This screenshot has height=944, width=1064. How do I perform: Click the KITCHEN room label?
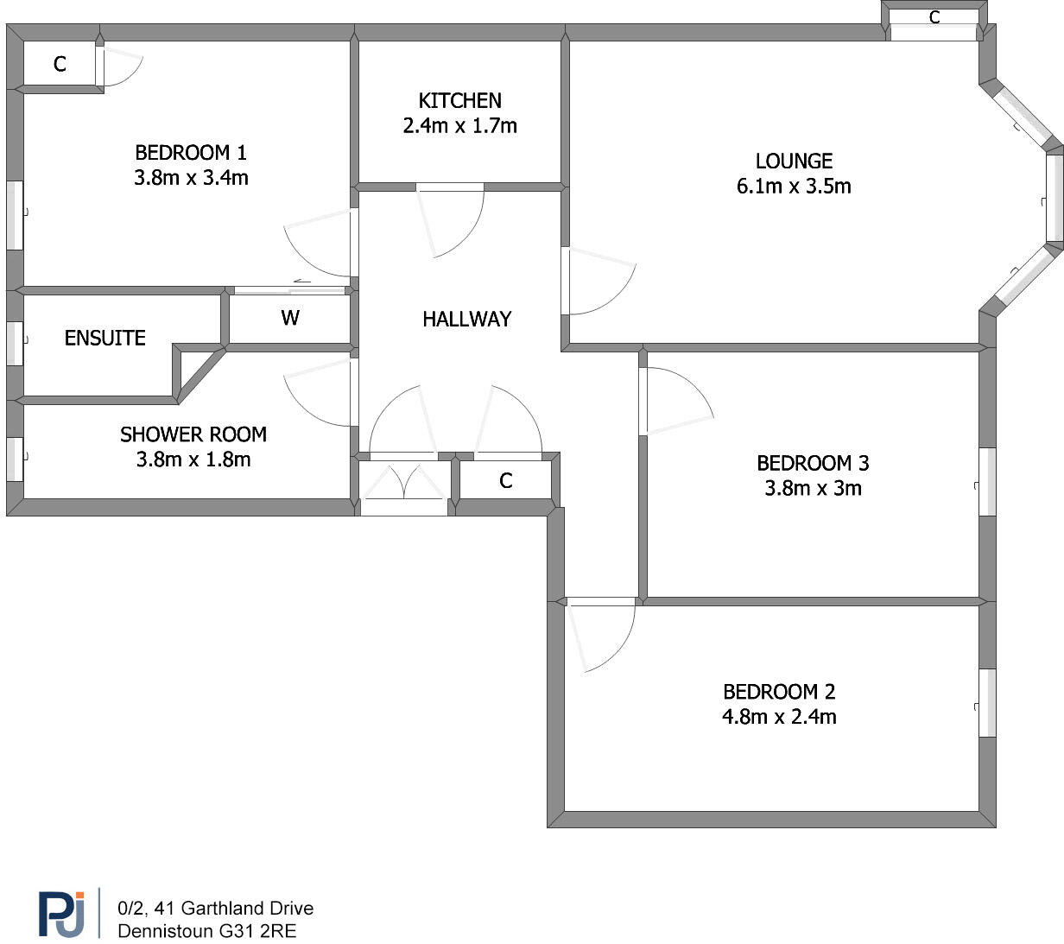tap(459, 100)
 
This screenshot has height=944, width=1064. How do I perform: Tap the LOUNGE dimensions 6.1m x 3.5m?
tap(794, 187)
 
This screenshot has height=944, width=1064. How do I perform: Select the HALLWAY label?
tap(466, 320)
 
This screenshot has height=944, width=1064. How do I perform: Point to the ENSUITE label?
tap(104, 338)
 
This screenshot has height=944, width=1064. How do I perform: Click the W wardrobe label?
tap(290, 318)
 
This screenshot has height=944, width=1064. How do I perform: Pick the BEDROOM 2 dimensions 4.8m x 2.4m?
tap(779, 717)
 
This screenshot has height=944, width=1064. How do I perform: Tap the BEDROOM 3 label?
tap(813, 463)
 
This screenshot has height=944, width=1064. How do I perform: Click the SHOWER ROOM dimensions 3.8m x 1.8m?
tap(193, 459)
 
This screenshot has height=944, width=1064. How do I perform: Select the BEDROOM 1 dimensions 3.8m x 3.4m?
tap(191, 178)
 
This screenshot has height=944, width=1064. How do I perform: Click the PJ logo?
tap(62, 913)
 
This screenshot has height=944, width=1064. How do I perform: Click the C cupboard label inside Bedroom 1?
tap(60, 64)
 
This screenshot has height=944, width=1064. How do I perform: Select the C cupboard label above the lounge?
tap(934, 17)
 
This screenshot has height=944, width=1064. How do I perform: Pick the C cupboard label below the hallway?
tap(506, 481)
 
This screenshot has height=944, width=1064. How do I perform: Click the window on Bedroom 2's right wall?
tap(986, 702)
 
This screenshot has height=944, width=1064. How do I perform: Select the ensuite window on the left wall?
tap(15, 343)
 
